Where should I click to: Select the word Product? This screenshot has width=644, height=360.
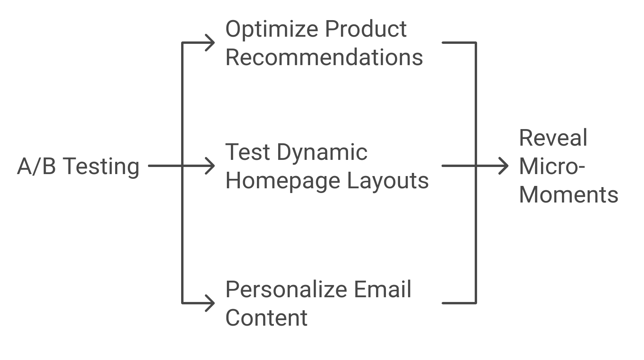[x=366, y=29]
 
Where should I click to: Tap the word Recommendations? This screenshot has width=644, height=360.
[x=324, y=57]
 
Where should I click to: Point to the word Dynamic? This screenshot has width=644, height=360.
[x=322, y=153]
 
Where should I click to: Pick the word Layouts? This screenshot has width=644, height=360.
[x=388, y=181]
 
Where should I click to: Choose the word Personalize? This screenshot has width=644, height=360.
[x=286, y=290]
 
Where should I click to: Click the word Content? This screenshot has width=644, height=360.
[x=266, y=318]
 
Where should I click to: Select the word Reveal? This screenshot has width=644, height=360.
[x=553, y=138]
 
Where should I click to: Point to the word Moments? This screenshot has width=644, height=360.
[x=568, y=195]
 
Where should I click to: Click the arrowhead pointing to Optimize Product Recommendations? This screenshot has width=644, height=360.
[x=210, y=43]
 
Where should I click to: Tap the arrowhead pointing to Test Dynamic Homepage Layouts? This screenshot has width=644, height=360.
[x=210, y=166]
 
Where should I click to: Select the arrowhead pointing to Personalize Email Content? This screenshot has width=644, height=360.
[x=210, y=303]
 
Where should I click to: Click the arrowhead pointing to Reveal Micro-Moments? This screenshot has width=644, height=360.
[x=504, y=166]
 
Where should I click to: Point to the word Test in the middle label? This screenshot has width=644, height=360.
[x=247, y=152]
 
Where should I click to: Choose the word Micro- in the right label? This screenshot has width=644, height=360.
[x=552, y=166]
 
